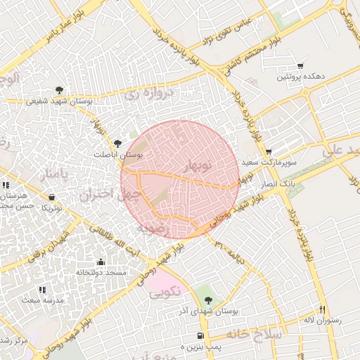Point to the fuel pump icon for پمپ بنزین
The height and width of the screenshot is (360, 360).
click(201, 336)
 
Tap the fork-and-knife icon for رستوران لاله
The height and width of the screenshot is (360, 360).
click(323, 309)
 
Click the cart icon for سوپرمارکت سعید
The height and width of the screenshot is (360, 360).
click(269, 152)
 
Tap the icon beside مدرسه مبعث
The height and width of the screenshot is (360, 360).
click(42, 290)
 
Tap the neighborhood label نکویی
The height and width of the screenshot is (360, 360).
click(167, 290)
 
